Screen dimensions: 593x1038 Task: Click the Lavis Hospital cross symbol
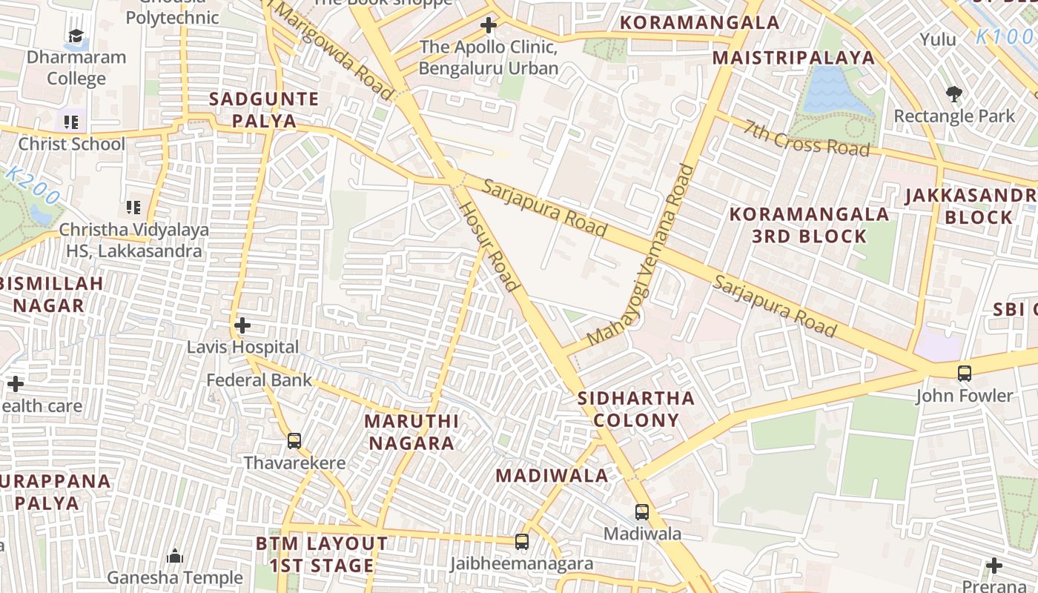click(x=242, y=325)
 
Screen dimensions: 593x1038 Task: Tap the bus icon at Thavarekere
click(x=294, y=441)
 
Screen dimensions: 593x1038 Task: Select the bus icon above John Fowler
click(x=965, y=374)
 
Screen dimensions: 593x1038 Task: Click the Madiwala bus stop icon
click(x=642, y=511)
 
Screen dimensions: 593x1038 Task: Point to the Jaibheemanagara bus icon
click(x=522, y=542)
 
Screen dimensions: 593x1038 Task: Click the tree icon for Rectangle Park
click(x=953, y=93)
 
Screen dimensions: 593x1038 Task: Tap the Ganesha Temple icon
click(x=175, y=556)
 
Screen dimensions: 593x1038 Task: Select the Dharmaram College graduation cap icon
click(x=76, y=36)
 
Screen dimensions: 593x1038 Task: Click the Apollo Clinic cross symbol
click(x=488, y=26)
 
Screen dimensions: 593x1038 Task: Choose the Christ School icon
click(x=71, y=122)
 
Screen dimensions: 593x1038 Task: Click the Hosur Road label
click(x=489, y=246)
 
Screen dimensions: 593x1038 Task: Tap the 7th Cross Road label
click(x=807, y=138)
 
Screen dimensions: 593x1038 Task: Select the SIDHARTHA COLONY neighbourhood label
click(x=636, y=409)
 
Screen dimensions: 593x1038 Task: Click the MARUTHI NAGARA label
click(x=411, y=432)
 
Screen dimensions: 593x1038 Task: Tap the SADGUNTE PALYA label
click(x=264, y=110)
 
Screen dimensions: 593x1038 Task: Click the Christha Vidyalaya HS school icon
click(x=133, y=208)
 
